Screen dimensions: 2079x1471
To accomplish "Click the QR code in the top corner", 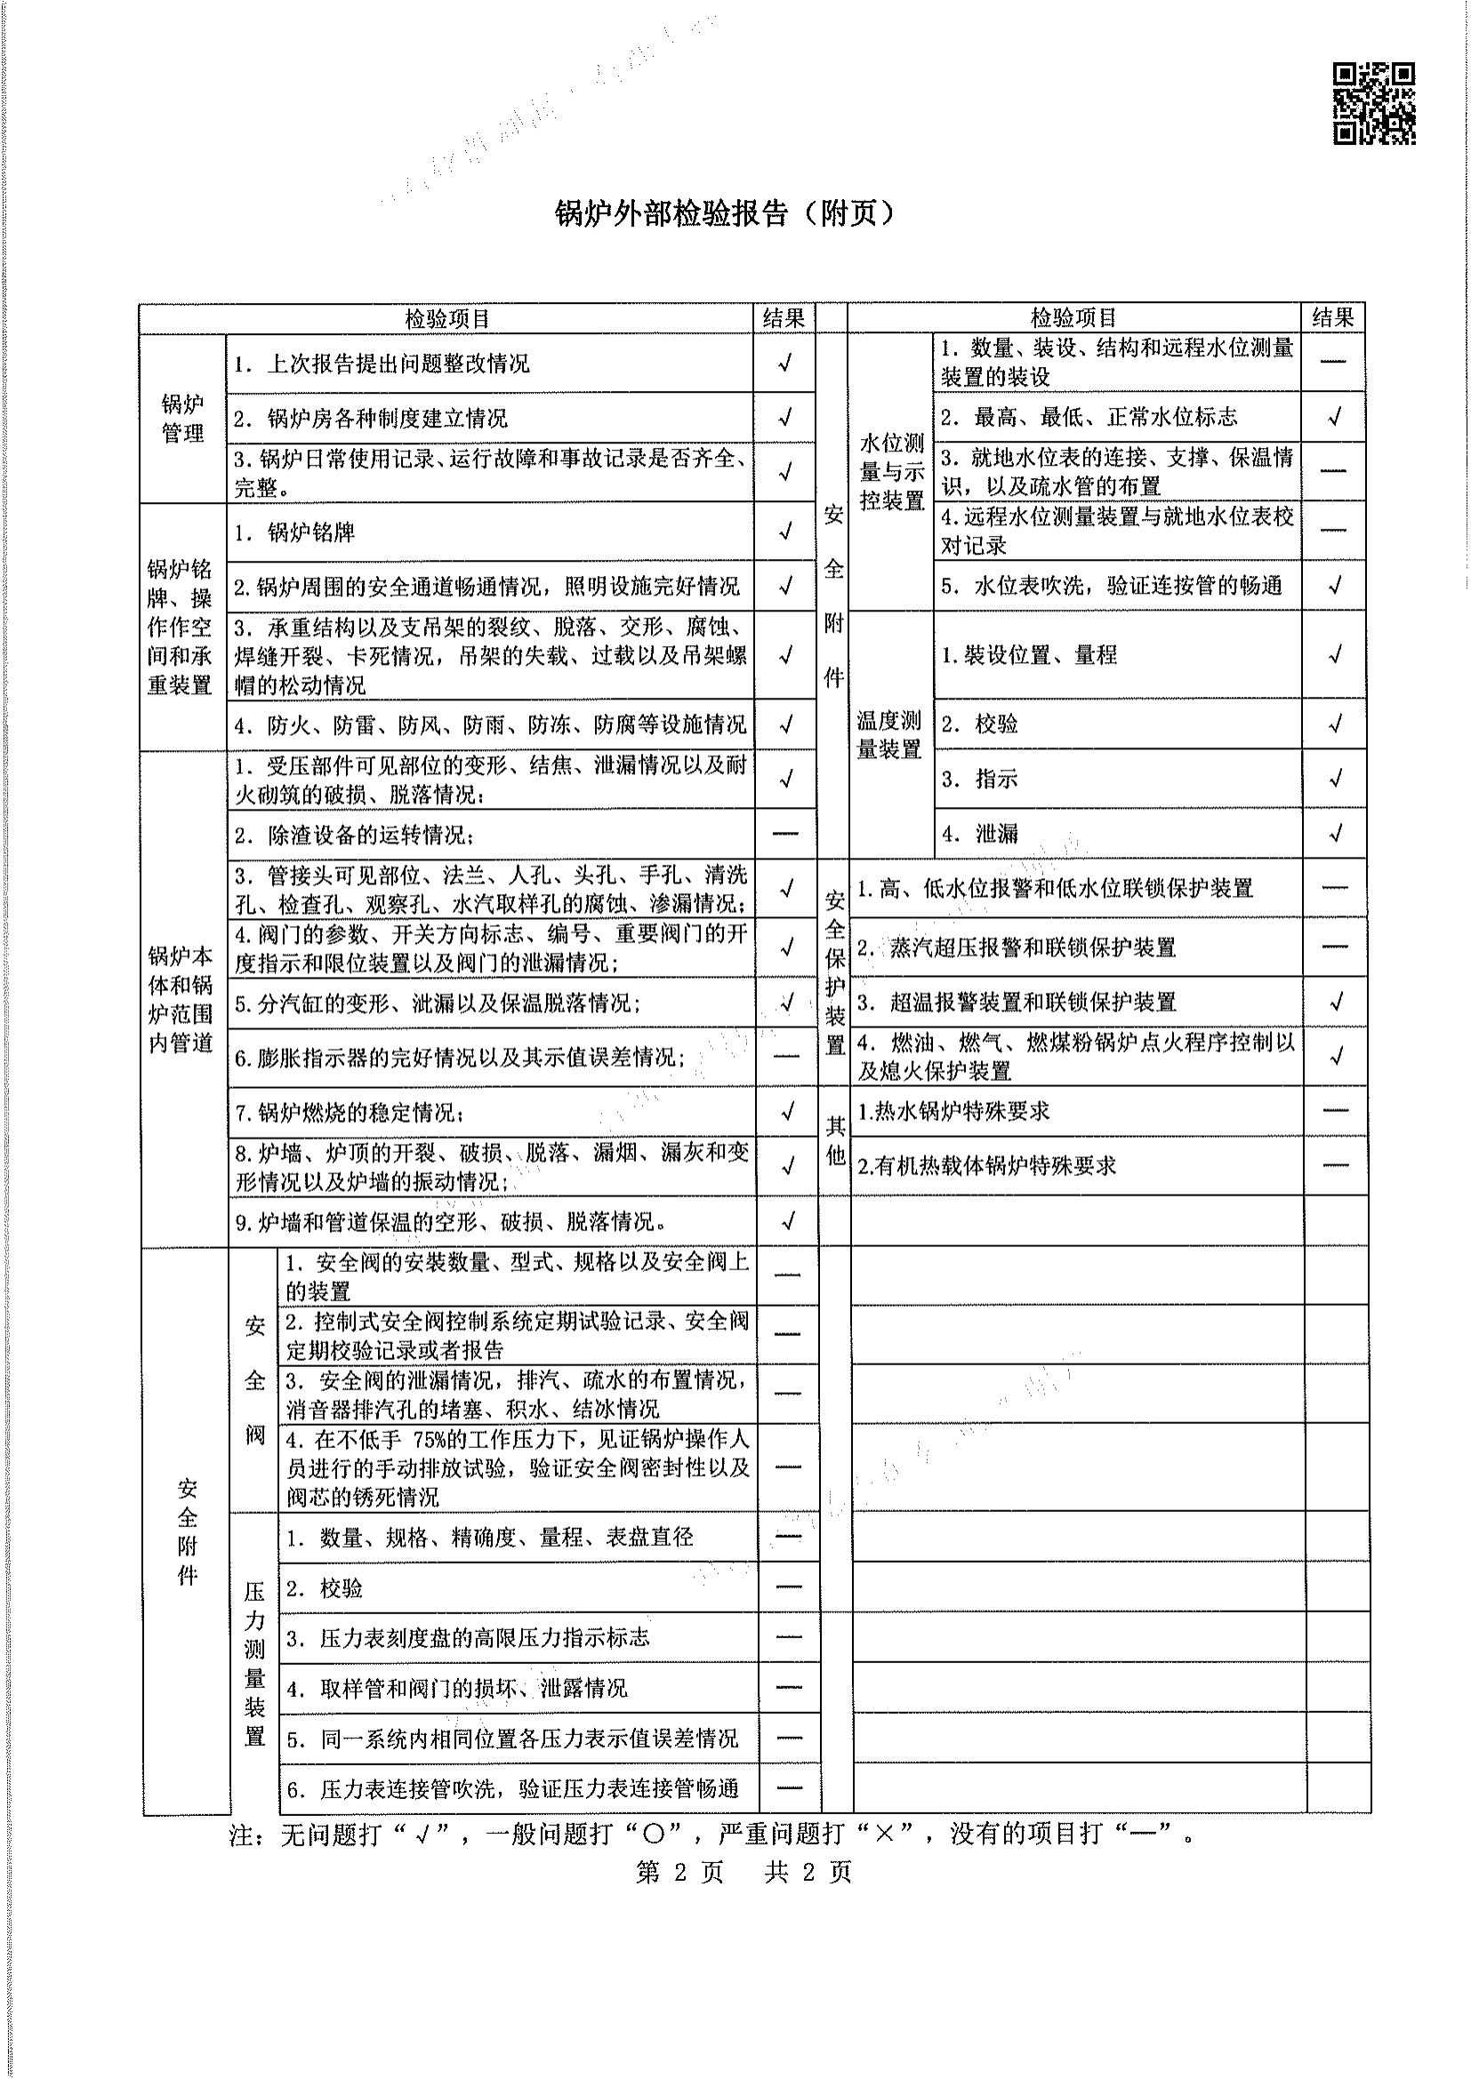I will tap(1373, 103).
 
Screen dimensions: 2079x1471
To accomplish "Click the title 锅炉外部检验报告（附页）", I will tap(725, 213).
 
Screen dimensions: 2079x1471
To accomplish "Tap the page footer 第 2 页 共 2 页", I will tap(744, 1872).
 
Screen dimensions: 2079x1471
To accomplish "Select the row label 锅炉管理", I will tap(182, 419).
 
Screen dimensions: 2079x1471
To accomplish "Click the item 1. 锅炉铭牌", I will tap(294, 532).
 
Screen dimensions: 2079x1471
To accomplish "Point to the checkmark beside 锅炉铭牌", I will tap(785, 531).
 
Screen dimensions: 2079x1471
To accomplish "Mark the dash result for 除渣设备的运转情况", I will tap(785, 833).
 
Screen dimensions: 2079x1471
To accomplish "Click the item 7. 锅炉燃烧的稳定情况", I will tap(350, 1112).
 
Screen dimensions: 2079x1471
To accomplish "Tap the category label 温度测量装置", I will tap(889, 734).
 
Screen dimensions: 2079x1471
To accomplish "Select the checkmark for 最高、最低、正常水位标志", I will tap(1334, 417).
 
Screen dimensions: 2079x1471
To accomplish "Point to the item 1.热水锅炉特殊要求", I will tap(953, 1111).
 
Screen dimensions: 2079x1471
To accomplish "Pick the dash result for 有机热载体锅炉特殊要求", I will tap(1335, 1165).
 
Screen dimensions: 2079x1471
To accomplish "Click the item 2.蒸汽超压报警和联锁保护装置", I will tap(1017, 948).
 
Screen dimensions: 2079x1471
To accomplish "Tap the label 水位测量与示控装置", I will tap(891, 472).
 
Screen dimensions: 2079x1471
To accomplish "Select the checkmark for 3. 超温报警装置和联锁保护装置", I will tap(1336, 1002).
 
